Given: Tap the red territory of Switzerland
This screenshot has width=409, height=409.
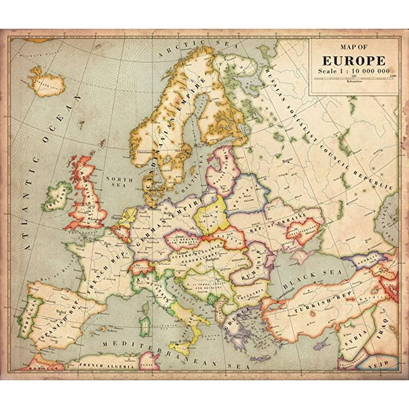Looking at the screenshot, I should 140,267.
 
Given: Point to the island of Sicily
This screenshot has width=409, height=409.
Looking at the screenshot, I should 180,348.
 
